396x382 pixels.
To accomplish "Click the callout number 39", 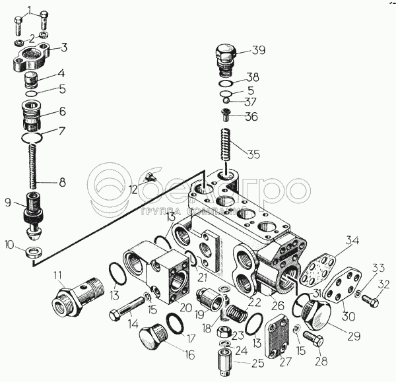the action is pos(258,51).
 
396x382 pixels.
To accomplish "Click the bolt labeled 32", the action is pos(370,302).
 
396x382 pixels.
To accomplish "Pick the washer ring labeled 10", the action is pos(33,253).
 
